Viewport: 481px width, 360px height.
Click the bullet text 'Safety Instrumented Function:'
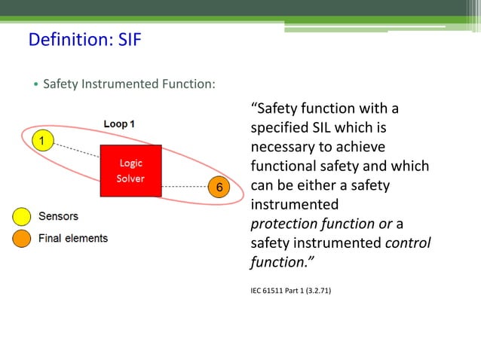pyautogui.click(x=130, y=83)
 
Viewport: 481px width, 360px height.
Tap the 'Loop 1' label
pyautogui.click(x=119, y=124)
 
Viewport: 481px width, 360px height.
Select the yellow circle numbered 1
pyautogui.click(x=42, y=140)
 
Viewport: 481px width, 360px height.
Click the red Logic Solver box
pyautogui.click(x=130, y=171)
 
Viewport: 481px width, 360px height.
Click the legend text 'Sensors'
pyautogui.click(x=58, y=217)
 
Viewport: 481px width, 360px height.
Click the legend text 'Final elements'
pyautogui.click(x=73, y=239)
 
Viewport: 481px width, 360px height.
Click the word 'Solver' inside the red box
pyautogui.click(x=130, y=178)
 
